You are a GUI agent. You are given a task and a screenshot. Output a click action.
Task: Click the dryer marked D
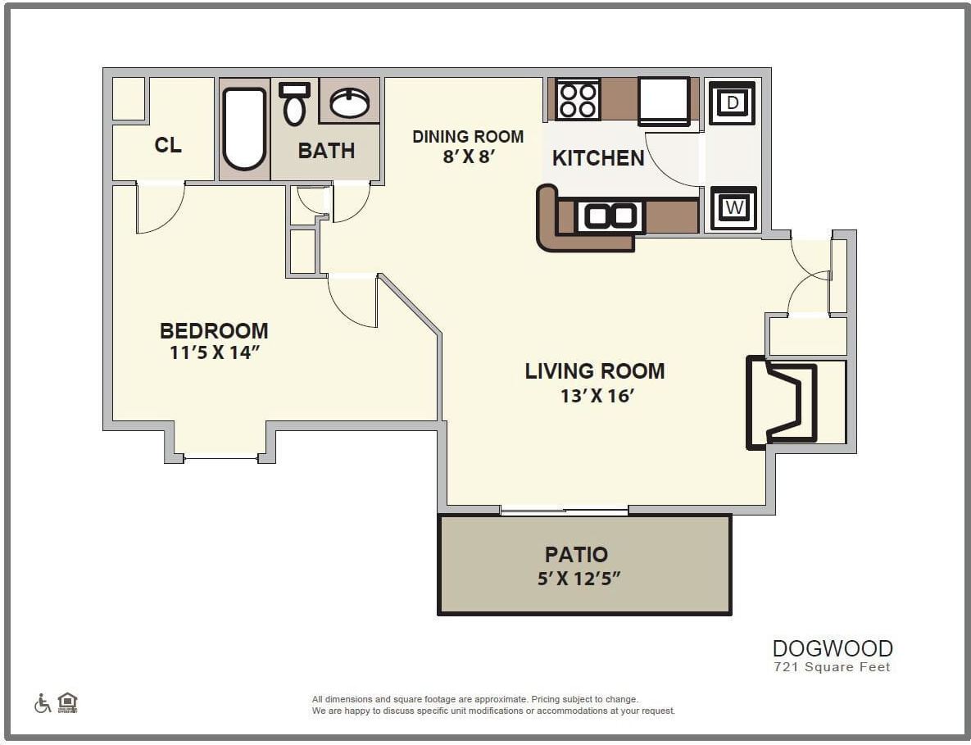(x=733, y=102)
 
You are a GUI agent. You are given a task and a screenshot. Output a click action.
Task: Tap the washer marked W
(x=733, y=208)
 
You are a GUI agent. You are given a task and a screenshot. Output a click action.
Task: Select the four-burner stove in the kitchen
(x=578, y=99)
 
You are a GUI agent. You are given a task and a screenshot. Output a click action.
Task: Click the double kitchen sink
(x=610, y=216)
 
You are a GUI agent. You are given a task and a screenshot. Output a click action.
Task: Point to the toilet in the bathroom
(x=294, y=103)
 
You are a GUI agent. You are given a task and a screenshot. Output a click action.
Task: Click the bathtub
(x=244, y=129)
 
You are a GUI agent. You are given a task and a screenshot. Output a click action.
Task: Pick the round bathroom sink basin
(x=349, y=102)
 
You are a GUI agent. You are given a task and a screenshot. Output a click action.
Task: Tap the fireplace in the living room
(x=783, y=402)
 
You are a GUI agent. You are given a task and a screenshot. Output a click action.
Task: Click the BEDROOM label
(x=214, y=331)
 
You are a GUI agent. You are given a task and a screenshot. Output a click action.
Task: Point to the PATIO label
(x=576, y=555)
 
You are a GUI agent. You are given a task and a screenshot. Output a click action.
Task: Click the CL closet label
(x=168, y=146)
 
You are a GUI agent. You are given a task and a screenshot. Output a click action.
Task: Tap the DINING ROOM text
(x=467, y=136)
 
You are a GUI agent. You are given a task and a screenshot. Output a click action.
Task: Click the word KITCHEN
(x=598, y=158)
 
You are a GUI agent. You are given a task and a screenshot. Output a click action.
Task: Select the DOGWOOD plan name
(x=833, y=648)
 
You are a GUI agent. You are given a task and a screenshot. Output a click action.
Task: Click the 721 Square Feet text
(x=833, y=667)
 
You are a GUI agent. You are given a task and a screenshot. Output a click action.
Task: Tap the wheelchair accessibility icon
(x=43, y=703)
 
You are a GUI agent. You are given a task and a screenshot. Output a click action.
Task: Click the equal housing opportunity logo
(x=67, y=702)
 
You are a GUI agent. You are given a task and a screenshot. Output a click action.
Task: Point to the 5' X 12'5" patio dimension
(x=578, y=579)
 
